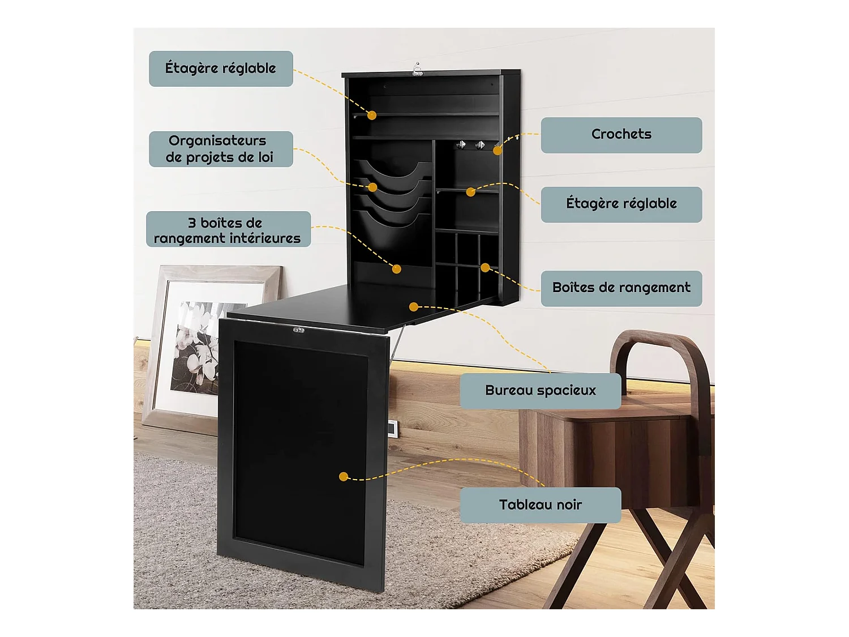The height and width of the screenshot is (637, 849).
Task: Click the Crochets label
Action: coord(621,135)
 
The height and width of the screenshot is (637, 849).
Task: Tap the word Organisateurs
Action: coord(217,140)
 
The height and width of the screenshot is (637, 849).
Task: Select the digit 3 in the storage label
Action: coord(191,223)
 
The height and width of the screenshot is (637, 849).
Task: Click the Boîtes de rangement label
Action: coord(621,288)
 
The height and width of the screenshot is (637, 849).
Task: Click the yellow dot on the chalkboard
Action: coord(343,477)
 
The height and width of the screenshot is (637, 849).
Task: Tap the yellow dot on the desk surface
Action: coord(414,307)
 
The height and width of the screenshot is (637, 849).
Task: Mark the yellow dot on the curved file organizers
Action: coord(372,187)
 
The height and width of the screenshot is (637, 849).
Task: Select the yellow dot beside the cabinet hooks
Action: coord(497,151)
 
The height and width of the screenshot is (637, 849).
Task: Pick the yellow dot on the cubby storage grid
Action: coord(485,267)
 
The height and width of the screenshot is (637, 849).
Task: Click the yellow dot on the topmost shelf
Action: coord(372,116)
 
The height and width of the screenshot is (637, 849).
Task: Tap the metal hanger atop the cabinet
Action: coord(417,70)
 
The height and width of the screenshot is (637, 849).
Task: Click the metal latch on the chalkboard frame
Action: coord(298,330)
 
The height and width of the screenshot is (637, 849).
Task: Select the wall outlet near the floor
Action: coord(392,428)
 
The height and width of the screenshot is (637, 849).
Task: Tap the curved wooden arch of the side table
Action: coord(663,351)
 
